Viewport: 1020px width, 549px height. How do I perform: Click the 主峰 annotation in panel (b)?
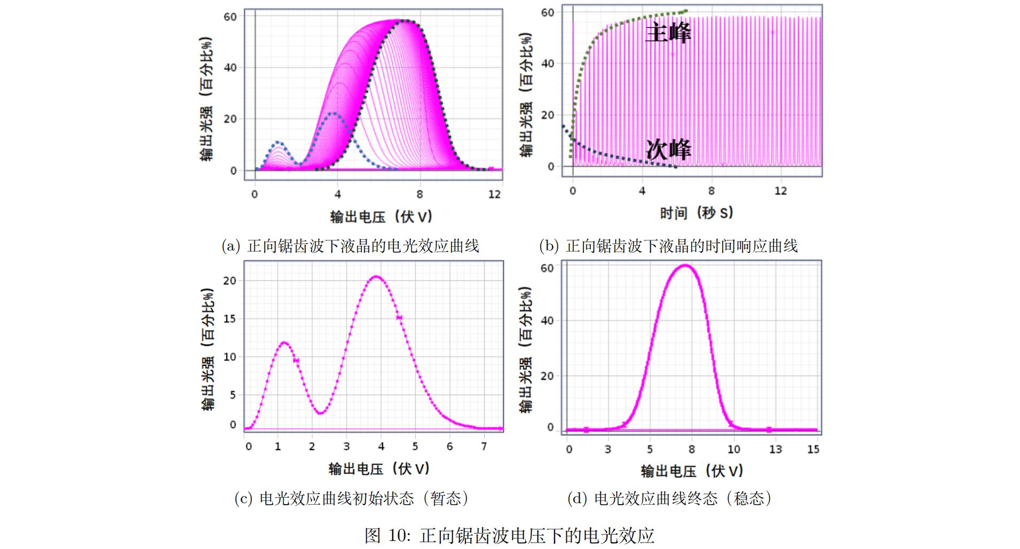click(668, 33)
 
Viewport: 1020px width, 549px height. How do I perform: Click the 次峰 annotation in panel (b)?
click(668, 150)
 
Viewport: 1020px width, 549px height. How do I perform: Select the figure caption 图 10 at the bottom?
click(509, 535)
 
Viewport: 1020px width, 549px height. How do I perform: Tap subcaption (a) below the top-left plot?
click(350, 246)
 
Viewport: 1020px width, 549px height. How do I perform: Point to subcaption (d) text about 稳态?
click(669, 498)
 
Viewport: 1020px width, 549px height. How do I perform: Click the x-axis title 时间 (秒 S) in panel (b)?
click(697, 213)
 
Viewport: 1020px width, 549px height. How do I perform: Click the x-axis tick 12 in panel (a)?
click(494, 194)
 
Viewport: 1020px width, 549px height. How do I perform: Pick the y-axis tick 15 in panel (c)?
click(230, 319)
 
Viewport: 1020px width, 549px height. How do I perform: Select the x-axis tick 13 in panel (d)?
click(775, 449)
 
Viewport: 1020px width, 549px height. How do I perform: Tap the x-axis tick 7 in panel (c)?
click(484, 446)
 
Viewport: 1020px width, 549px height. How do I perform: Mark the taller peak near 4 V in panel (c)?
click(376, 277)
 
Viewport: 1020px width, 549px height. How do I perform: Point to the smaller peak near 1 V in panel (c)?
click(283, 343)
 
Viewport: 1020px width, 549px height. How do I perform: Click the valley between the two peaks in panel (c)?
click(320, 413)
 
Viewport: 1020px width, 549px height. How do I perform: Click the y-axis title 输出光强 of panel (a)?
click(207, 99)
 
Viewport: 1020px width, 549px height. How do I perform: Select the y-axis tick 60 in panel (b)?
click(547, 12)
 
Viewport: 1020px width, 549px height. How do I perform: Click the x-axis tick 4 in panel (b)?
click(642, 191)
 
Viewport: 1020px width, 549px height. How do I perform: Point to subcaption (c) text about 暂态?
click(352, 498)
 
